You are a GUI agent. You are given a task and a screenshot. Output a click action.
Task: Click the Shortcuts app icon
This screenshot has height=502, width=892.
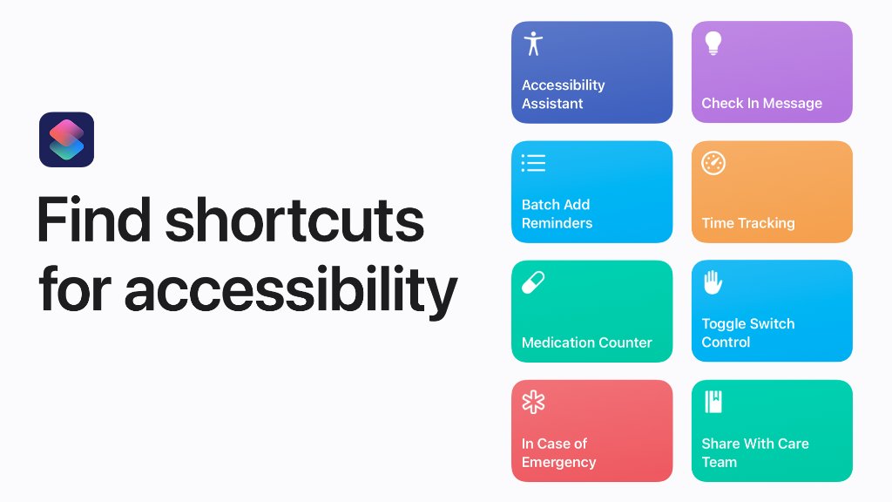pos(66,139)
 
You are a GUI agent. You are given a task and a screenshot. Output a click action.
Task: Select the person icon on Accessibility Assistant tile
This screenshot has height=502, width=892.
pos(533,44)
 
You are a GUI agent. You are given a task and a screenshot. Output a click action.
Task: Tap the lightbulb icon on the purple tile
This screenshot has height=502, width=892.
pos(713,44)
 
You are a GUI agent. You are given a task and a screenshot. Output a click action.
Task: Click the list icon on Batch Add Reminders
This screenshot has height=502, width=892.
pos(533,163)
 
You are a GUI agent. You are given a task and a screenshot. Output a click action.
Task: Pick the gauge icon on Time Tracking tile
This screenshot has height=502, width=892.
pos(713,163)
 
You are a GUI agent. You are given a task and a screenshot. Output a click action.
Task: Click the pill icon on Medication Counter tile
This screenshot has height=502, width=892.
pos(533,282)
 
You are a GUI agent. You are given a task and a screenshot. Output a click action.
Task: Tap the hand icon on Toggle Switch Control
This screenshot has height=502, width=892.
pos(713,282)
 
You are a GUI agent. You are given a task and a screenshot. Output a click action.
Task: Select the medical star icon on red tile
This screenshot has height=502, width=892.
pos(533,402)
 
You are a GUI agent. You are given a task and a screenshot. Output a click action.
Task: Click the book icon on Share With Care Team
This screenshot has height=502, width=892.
pos(713,402)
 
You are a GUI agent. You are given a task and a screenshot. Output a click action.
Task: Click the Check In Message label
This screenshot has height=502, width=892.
pos(761,103)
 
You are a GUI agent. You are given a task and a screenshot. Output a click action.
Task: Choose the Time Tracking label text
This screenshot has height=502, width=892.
pos(747,223)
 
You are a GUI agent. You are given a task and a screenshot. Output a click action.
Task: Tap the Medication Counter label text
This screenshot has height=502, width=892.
pos(586,343)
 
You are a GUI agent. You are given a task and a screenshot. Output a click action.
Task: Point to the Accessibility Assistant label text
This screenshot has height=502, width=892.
pos(563,94)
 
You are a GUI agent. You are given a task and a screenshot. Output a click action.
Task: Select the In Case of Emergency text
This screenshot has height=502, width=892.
pos(558,453)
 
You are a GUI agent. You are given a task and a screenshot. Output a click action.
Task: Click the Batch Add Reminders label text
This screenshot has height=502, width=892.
pos(557,214)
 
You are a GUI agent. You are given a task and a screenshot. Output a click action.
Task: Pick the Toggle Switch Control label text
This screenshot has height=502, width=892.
pos(747,333)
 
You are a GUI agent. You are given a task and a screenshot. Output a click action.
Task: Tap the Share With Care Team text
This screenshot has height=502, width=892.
pos(754,453)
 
